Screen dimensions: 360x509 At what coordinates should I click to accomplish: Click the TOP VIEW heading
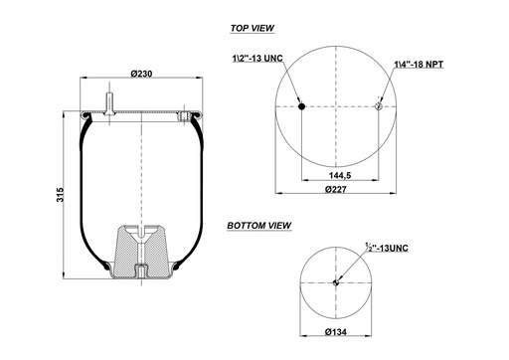[252, 29]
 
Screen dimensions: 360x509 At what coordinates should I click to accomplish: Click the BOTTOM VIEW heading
[258, 226]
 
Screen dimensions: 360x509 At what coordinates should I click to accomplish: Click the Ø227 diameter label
[338, 189]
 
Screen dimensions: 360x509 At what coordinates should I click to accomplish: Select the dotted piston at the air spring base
[142, 253]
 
